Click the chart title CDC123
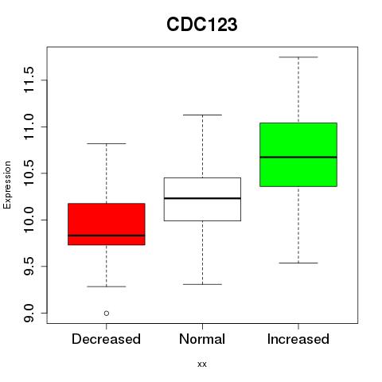pos(202,25)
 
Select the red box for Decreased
pos(107,224)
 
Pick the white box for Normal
pos(202,199)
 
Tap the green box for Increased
pos(298,154)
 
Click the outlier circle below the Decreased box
pos(107,314)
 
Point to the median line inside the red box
pos(107,236)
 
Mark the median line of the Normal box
pos(202,198)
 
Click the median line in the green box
pos(298,157)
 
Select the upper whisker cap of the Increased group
pos(298,57)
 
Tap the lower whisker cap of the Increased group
pos(298,263)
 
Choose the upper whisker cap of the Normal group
pos(202,115)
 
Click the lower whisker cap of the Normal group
pos(202,284)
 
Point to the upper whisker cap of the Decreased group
pos(107,143)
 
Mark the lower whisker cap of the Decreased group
pos(107,286)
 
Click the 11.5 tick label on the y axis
pos(29,80)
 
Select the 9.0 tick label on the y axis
pos(29,313)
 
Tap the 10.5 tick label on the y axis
pos(29,173)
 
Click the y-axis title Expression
pos(7,185)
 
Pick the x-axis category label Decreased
pos(106,339)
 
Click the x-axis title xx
pos(202,364)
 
